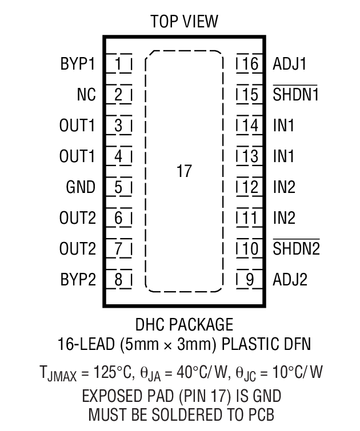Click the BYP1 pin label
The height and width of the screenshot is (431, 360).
(77, 63)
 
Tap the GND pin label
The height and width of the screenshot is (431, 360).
(81, 187)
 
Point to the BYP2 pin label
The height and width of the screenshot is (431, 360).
(77, 280)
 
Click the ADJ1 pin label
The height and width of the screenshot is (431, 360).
(290, 63)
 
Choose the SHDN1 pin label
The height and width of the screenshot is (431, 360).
(295, 95)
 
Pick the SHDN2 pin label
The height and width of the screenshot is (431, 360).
(295, 249)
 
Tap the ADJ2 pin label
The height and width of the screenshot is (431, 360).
(290, 280)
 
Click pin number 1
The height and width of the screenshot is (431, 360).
(118, 63)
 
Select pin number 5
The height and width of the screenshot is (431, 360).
(118, 187)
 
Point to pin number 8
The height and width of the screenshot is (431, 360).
(118, 280)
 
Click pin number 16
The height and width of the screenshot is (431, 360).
(250, 63)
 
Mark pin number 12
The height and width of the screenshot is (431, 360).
(250, 187)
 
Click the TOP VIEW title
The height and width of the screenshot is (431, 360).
(184, 22)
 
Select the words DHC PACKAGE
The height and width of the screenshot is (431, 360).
(184, 325)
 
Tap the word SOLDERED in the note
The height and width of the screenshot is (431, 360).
(196, 412)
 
